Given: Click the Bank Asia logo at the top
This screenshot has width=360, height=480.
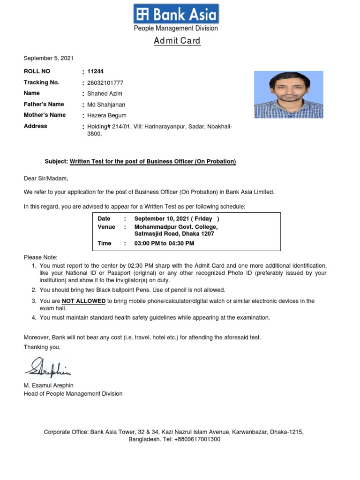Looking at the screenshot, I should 176,14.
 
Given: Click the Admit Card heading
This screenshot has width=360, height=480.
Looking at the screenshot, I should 177,41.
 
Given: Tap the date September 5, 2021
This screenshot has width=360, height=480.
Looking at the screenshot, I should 49,58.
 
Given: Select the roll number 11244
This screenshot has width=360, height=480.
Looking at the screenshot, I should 95,72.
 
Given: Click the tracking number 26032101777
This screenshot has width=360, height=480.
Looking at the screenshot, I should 105,82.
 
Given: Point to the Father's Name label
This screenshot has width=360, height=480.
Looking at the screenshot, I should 44,104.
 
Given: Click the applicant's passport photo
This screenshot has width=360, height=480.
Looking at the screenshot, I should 288,94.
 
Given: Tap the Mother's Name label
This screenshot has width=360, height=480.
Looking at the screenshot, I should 45,115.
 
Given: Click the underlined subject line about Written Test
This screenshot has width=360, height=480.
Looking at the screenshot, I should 153,162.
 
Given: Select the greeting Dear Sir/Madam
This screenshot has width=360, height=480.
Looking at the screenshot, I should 46,178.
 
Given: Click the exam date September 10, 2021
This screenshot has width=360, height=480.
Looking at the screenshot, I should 176,219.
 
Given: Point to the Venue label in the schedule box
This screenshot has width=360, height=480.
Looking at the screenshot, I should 106,227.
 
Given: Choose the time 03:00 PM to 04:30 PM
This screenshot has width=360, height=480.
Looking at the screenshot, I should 164,243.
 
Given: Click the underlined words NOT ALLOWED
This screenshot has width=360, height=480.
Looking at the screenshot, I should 83,301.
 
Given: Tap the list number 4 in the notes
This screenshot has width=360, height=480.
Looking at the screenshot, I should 34,317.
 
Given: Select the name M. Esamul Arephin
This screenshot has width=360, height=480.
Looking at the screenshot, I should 49,385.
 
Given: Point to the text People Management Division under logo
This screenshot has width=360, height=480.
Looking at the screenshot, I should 176,28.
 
